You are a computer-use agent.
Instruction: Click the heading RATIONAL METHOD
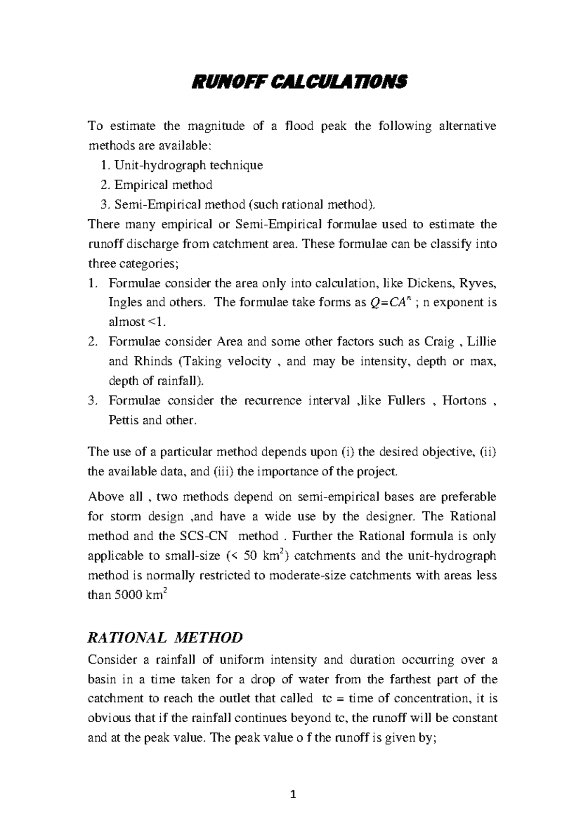(x=165, y=638)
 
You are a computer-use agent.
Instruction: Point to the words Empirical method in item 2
(x=164, y=185)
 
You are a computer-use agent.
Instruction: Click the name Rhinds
(x=153, y=362)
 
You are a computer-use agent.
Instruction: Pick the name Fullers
(x=406, y=401)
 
